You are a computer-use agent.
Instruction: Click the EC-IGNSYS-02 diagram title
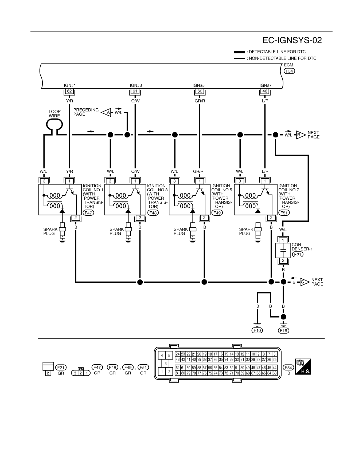coord(292,40)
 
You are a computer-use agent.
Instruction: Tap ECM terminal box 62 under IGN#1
coord(69,91)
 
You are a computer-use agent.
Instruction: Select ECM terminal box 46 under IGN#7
coord(265,91)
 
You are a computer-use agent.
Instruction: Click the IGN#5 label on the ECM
coord(199,85)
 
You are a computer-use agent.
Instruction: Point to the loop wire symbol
coord(54,124)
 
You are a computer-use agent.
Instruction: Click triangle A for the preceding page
coord(106,113)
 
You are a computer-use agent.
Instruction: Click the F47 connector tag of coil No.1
coord(88,213)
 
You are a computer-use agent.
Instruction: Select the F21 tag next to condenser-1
coord(298,254)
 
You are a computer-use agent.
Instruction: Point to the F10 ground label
coord(257,330)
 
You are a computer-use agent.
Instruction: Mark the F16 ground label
coord(283,330)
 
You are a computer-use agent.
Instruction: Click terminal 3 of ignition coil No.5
coord(175,181)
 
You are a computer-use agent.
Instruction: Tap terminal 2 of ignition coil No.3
coord(140,218)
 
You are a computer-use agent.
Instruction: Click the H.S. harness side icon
coord(303,366)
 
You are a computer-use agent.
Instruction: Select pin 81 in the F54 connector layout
coord(178,373)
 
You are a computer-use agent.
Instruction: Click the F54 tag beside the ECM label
coord(290,71)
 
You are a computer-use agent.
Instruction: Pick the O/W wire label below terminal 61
coord(135,101)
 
